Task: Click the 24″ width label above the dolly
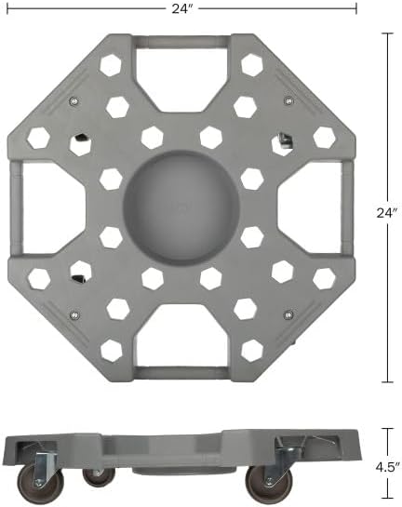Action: point(182,8)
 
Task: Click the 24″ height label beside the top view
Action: point(387,213)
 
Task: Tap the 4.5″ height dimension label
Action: point(387,467)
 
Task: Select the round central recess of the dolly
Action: point(181,207)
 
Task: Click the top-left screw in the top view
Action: point(74,101)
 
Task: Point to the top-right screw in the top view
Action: point(288,100)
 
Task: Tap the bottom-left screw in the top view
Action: point(74,314)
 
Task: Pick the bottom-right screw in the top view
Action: point(288,314)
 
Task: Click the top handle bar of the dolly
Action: point(181,42)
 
